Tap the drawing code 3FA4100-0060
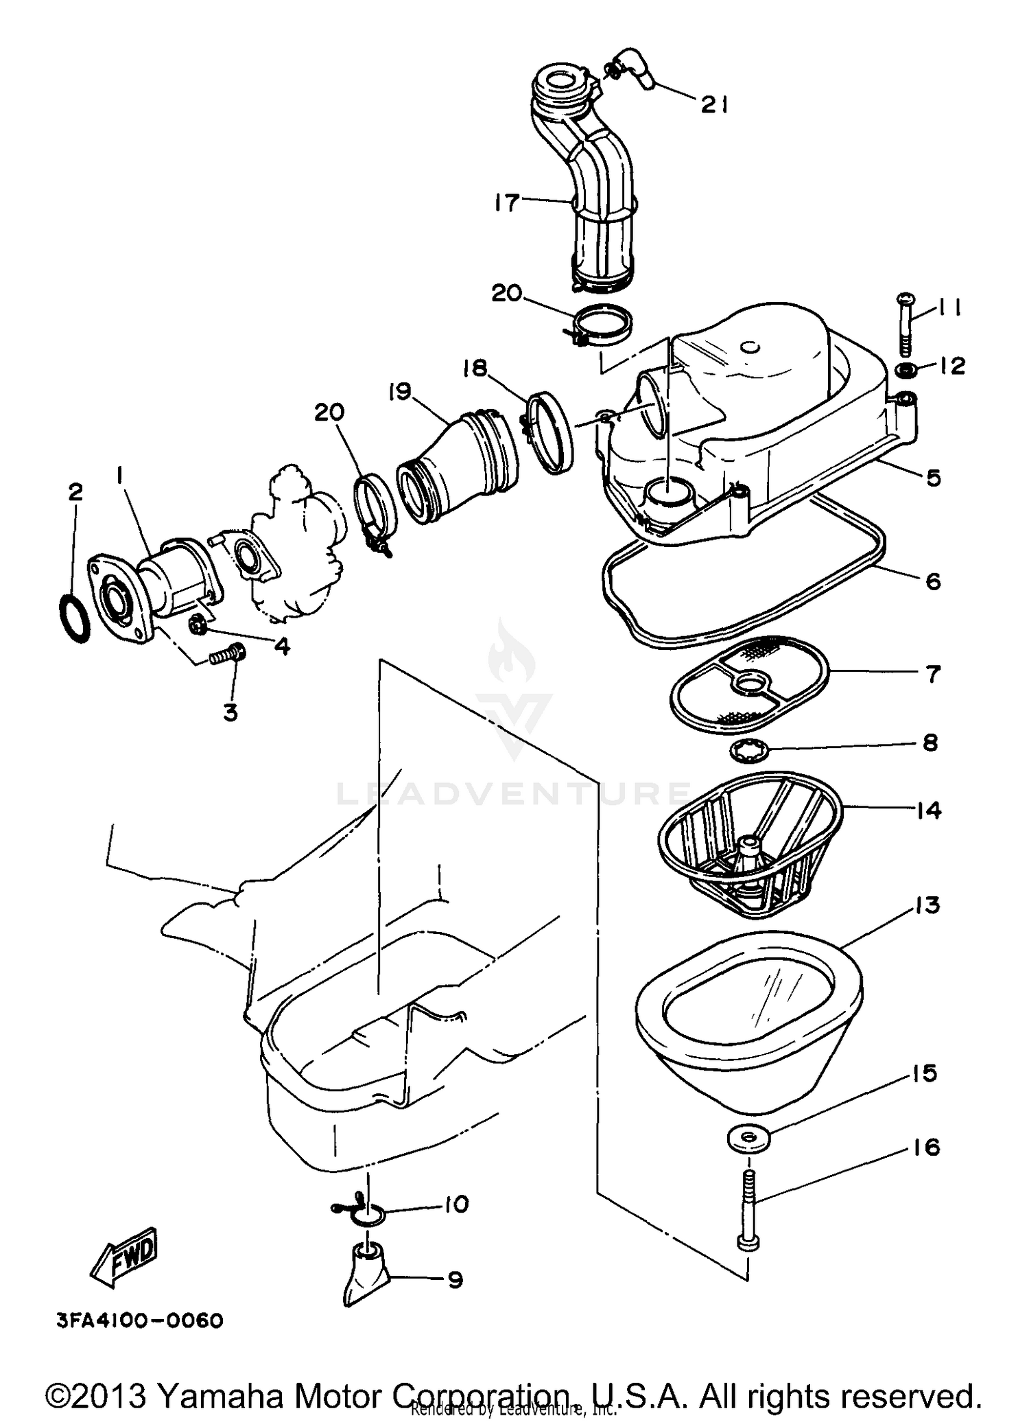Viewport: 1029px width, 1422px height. tap(140, 1320)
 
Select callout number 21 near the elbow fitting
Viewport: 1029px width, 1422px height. tap(713, 105)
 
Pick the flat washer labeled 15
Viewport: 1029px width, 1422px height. tap(748, 1139)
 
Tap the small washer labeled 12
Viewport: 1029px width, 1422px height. tap(908, 371)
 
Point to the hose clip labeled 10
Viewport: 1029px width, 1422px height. tap(364, 1213)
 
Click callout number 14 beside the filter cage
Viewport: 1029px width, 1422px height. tap(928, 810)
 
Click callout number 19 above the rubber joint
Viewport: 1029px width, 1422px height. tap(399, 392)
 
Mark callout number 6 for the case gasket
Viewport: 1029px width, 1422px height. tap(933, 581)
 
